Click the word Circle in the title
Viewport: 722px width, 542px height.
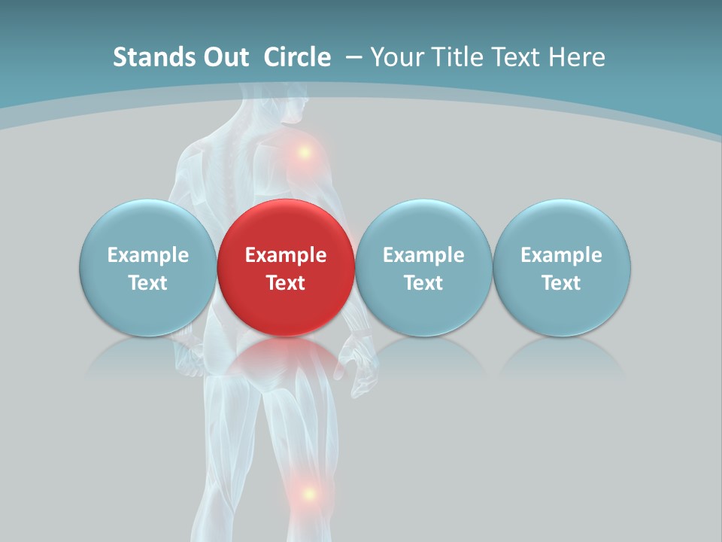(x=297, y=57)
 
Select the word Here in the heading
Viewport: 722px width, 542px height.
(x=577, y=57)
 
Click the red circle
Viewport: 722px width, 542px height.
(x=286, y=267)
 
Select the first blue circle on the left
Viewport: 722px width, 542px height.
(x=147, y=267)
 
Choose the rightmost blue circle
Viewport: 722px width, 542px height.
(x=561, y=267)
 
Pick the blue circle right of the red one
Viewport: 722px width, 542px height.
(x=423, y=267)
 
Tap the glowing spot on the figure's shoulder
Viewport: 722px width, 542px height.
(x=305, y=152)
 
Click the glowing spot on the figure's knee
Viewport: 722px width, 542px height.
(x=308, y=495)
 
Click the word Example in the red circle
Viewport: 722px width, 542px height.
(x=286, y=255)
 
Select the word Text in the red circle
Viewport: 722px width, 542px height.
(x=286, y=283)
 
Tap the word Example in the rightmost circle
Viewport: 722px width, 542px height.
(x=561, y=255)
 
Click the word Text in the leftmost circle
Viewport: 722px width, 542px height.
(x=147, y=283)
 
